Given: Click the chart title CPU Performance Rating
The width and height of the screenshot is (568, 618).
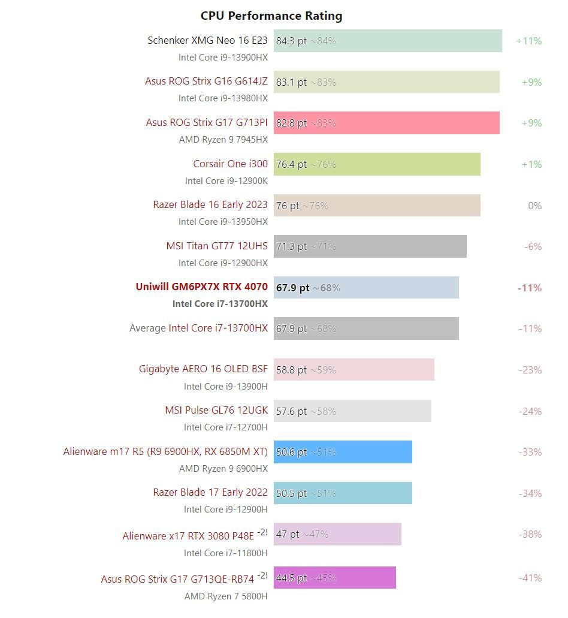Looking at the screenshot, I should click(271, 16).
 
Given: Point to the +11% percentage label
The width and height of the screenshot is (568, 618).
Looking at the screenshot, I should click(528, 41).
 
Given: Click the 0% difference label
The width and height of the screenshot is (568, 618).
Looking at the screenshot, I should click(534, 206).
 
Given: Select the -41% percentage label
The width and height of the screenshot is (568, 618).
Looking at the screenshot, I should click(530, 578).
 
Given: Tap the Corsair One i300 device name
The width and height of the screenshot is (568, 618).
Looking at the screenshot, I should click(230, 164).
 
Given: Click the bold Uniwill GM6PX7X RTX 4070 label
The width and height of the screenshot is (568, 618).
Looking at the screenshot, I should click(201, 287).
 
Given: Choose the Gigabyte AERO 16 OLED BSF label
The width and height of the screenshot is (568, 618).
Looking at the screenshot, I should click(203, 369).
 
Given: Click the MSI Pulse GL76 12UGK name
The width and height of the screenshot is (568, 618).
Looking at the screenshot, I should click(216, 411).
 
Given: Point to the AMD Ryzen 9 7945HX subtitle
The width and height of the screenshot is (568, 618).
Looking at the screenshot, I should click(223, 140).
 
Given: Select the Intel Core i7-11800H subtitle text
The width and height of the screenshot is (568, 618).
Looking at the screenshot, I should click(226, 553).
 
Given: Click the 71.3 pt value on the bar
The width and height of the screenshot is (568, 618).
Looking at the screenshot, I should click(291, 246).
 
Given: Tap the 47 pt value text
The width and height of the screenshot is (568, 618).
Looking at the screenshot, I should click(288, 534).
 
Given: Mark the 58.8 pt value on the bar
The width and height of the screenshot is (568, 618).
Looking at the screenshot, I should click(291, 370).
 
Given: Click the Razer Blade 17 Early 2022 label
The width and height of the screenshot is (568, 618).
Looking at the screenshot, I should click(210, 492).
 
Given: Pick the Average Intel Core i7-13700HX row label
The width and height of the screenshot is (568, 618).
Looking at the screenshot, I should click(198, 328).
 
